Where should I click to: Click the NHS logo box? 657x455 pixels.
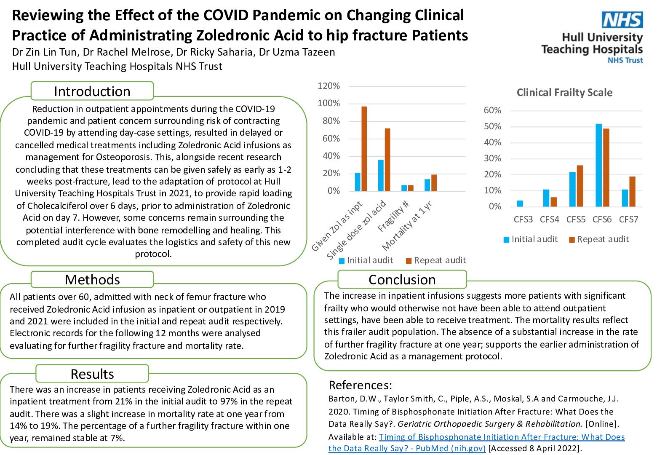pyautogui.click(x=622, y=19)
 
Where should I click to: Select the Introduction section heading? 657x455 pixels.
pyautogui.click(x=92, y=91)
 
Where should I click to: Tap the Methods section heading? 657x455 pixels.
pyautogui.click(x=92, y=280)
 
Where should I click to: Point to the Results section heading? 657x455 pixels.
pyautogui.click(x=92, y=374)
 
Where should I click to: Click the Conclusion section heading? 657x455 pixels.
pyautogui.click(x=402, y=280)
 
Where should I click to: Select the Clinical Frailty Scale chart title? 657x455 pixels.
pyautogui.click(x=564, y=93)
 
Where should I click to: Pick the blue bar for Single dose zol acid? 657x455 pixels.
pyautogui.click(x=381, y=175)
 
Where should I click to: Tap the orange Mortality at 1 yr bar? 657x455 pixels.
pyautogui.click(x=434, y=183)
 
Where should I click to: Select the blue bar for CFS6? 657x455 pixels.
pyautogui.click(x=598, y=165)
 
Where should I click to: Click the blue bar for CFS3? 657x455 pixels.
pyautogui.click(x=520, y=203)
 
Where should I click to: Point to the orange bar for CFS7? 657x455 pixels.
pyautogui.click(x=632, y=192)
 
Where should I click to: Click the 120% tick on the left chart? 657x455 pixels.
pyautogui.click(x=329, y=86)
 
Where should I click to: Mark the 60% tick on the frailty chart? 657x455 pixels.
pyautogui.click(x=492, y=110)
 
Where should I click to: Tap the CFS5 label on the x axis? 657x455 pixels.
pyautogui.click(x=576, y=219)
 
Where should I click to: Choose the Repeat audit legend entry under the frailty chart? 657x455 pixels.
pyautogui.click(x=599, y=239)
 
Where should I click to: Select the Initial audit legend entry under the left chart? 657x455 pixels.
pyautogui.click(x=366, y=260)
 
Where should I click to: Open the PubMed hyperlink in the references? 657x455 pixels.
pyautogui.click(x=476, y=442)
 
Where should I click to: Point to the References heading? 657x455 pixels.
pyautogui.click(x=360, y=385)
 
